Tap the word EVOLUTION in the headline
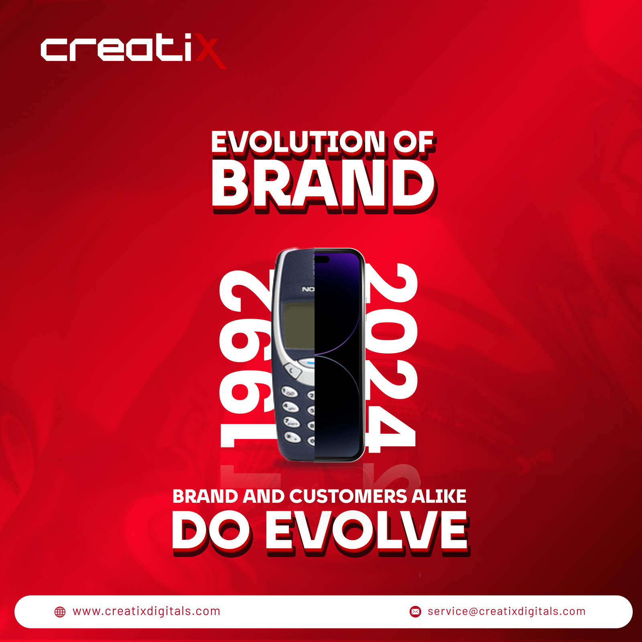click(299, 142)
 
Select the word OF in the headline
click(413, 142)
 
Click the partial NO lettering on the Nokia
click(308, 289)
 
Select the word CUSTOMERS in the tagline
click(348, 496)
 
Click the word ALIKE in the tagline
click(439, 496)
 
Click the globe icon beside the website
click(60, 612)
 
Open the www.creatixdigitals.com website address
click(146, 612)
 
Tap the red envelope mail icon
click(415, 612)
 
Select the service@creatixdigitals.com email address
click(507, 612)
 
